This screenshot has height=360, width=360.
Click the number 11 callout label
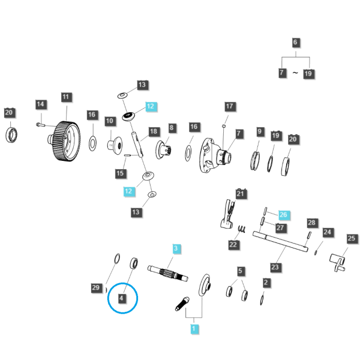tap(66, 97)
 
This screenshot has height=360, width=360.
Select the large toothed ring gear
tap(65, 141)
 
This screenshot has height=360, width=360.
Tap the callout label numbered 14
tap(41, 104)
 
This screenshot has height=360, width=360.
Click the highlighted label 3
tap(176, 248)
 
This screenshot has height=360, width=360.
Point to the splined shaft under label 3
tap(168, 273)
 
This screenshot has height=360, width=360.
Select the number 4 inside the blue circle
tap(122, 298)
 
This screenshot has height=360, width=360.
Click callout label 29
tap(96, 287)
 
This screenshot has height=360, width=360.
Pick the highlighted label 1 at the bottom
tap(194, 329)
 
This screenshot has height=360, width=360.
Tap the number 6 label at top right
tap(295, 42)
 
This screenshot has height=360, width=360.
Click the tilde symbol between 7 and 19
tap(295, 73)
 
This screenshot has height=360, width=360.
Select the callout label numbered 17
tap(230, 106)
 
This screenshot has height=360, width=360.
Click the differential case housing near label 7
tap(215, 155)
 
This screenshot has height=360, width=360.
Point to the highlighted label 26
tap(284, 215)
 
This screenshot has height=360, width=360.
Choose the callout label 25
tap(352, 238)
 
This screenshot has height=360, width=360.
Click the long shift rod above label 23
tap(280, 242)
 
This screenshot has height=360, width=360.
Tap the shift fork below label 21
tap(228, 214)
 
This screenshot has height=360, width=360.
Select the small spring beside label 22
tap(242, 229)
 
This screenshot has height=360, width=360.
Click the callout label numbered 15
tap(121, 173)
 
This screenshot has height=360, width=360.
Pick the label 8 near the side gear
tap(172, 128)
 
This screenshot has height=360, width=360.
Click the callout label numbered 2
tap(266, 283)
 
